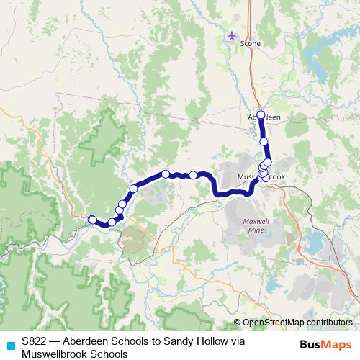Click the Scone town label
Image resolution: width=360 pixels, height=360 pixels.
point(251,44)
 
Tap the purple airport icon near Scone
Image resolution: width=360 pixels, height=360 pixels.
point(231,35)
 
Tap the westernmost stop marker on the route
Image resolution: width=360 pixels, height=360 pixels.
point(92,220)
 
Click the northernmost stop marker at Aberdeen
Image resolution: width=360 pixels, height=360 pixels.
point(261,114)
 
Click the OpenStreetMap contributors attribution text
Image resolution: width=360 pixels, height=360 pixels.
point(297,323)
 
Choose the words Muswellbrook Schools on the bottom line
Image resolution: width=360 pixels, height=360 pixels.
point(74,354)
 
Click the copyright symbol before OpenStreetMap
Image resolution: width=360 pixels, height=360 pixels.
point(238,323)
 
